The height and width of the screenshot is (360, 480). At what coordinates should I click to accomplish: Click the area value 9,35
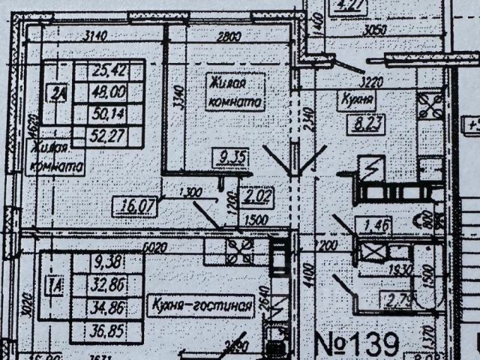click(225, 157)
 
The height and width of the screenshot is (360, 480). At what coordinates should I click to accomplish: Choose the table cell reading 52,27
click(107, 135)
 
